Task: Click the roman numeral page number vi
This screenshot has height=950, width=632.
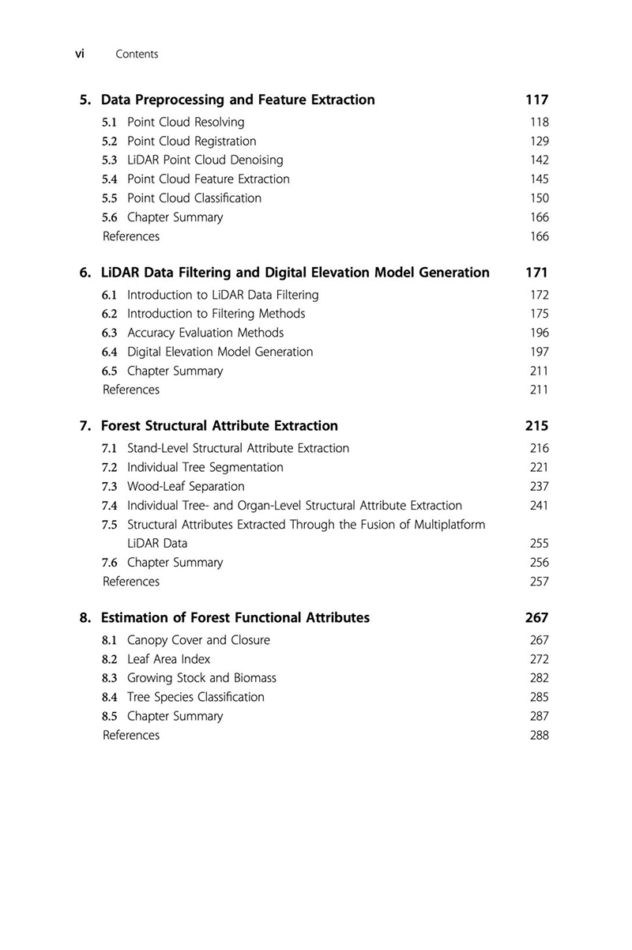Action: click(x=79, y=54)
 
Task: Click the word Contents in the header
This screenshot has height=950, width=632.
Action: click(x=137, y=55)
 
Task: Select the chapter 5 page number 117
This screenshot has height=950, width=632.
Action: click(x=536, y=100)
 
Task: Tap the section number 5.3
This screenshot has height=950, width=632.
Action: click(x=111, y=160)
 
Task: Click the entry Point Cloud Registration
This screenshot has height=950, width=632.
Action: click(x=191, y=141)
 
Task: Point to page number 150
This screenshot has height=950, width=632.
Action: click(x=540, y=198)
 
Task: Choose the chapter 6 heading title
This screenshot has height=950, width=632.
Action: click(x=295, y=273)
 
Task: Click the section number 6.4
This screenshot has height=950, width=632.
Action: click(x=111, y=352)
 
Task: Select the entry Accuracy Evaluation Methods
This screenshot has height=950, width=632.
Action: click(x=205, y=333)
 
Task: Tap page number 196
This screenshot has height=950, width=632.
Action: click(x=540, y=333)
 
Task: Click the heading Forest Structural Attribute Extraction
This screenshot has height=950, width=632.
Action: click(x=220, y=426)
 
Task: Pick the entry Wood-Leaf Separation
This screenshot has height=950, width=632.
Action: click(x=186, y=487)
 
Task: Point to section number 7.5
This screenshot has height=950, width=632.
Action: click(x=111, y=525)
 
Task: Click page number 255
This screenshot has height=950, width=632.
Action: click(x=540, y=544)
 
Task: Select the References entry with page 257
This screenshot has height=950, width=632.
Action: click(x=131, y=582)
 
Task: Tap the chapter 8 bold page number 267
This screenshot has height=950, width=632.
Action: click(x=536, y=618)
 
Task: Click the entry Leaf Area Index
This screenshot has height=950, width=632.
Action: click(x=168, y=659)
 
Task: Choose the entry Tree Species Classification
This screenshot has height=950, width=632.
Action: click(x=195, y=697)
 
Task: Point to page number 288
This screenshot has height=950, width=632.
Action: click(x=540, y=735)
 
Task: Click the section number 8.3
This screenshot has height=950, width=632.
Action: click(x=111, y=678)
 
